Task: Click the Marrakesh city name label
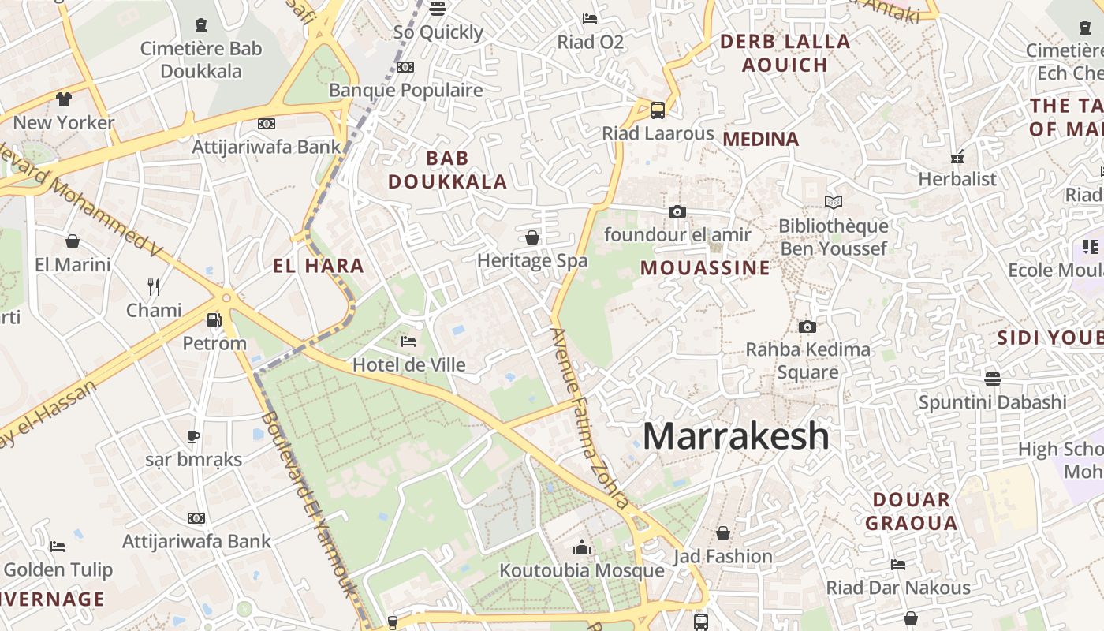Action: tap(736, 436)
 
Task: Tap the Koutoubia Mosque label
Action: tap(582, 570)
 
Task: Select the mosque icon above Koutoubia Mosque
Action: tap(582, 547)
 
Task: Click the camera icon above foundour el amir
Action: tap(677, 211)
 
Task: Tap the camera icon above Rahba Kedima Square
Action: tap(807, 327)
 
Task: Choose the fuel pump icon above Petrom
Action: tap(213, 320)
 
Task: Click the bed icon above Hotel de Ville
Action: tap(408, 342)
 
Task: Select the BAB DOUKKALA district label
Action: tap(447, 170)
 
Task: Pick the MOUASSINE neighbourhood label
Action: tap(705, 268)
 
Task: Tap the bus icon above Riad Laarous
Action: tap(657, 110)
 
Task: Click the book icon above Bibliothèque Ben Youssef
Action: tap(834, 203)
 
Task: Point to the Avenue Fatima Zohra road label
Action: tap(590, 418)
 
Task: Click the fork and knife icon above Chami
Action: tap(154, 287)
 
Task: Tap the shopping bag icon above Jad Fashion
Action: tap(722, 534)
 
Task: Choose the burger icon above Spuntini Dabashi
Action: tap(992, 379)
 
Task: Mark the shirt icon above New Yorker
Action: tap(64, 99)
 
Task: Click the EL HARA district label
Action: tap(319, 267)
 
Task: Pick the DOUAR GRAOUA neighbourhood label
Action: tap(911, 511)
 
